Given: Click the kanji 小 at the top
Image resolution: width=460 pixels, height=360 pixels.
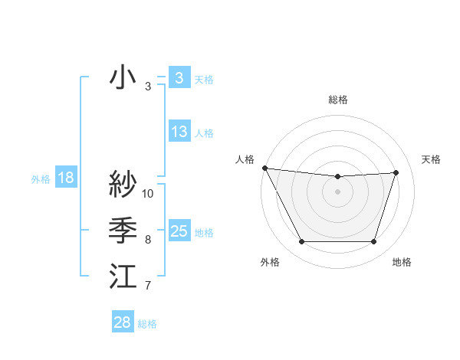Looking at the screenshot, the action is point(123,78).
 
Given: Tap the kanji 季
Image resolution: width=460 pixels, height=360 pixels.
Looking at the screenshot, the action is point(123,230).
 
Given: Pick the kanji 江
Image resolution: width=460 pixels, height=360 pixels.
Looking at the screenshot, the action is point(123,277).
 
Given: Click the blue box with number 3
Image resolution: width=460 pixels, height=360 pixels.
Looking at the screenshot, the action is point(179,78).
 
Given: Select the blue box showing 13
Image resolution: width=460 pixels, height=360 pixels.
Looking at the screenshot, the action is point(179,132).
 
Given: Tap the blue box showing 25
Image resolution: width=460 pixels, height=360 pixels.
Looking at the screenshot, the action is point(179,231).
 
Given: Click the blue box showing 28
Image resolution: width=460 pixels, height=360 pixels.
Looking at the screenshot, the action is point(122,322).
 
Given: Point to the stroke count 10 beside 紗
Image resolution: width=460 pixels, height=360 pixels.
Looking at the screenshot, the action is point(148,193).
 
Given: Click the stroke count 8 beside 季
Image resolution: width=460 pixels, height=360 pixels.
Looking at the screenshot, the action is point(148,240).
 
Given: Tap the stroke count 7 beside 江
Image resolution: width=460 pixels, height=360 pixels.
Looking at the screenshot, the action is point(148,286).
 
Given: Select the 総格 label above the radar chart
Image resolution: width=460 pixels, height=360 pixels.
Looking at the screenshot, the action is point(337,100).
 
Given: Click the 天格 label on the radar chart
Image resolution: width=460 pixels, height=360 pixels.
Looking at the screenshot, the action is point(431,159).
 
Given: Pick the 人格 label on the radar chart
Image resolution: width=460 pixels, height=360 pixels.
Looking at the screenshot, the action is point(245,159).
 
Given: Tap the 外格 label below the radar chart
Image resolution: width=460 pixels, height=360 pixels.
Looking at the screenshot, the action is point(269,262).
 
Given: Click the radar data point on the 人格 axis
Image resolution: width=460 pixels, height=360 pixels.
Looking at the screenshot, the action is point(264,168).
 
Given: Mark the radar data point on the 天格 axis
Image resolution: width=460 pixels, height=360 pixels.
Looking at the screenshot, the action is point(396,172).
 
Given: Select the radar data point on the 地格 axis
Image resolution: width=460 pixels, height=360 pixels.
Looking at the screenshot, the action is point(373,242).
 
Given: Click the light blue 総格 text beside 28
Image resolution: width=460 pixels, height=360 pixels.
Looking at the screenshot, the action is point(147,324).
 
